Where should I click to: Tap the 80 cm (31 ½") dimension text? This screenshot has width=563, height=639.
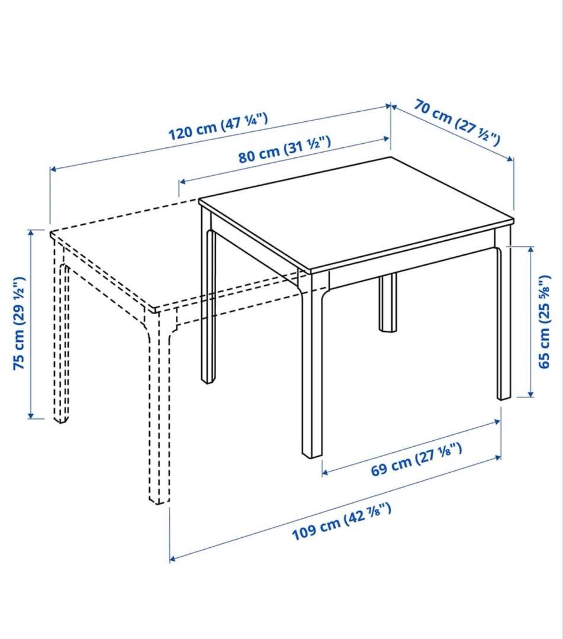coord(285,149)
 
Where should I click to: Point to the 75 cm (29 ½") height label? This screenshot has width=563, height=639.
coord(19,323)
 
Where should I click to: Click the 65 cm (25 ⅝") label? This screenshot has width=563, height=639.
coord(545,322)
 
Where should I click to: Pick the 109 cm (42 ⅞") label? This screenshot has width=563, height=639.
coord(342,521)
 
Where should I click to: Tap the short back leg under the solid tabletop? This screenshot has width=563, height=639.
coord(387,302)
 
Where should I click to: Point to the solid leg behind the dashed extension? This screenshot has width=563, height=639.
coord(208,298)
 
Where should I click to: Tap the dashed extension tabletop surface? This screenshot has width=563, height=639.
coord(171,261)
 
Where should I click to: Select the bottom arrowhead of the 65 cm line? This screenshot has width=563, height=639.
coord(531,393)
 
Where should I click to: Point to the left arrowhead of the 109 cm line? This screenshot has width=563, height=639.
coord(172,559)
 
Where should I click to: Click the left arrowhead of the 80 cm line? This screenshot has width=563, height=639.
coord(182,180)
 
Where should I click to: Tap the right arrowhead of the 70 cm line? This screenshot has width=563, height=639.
coord(511,159)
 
